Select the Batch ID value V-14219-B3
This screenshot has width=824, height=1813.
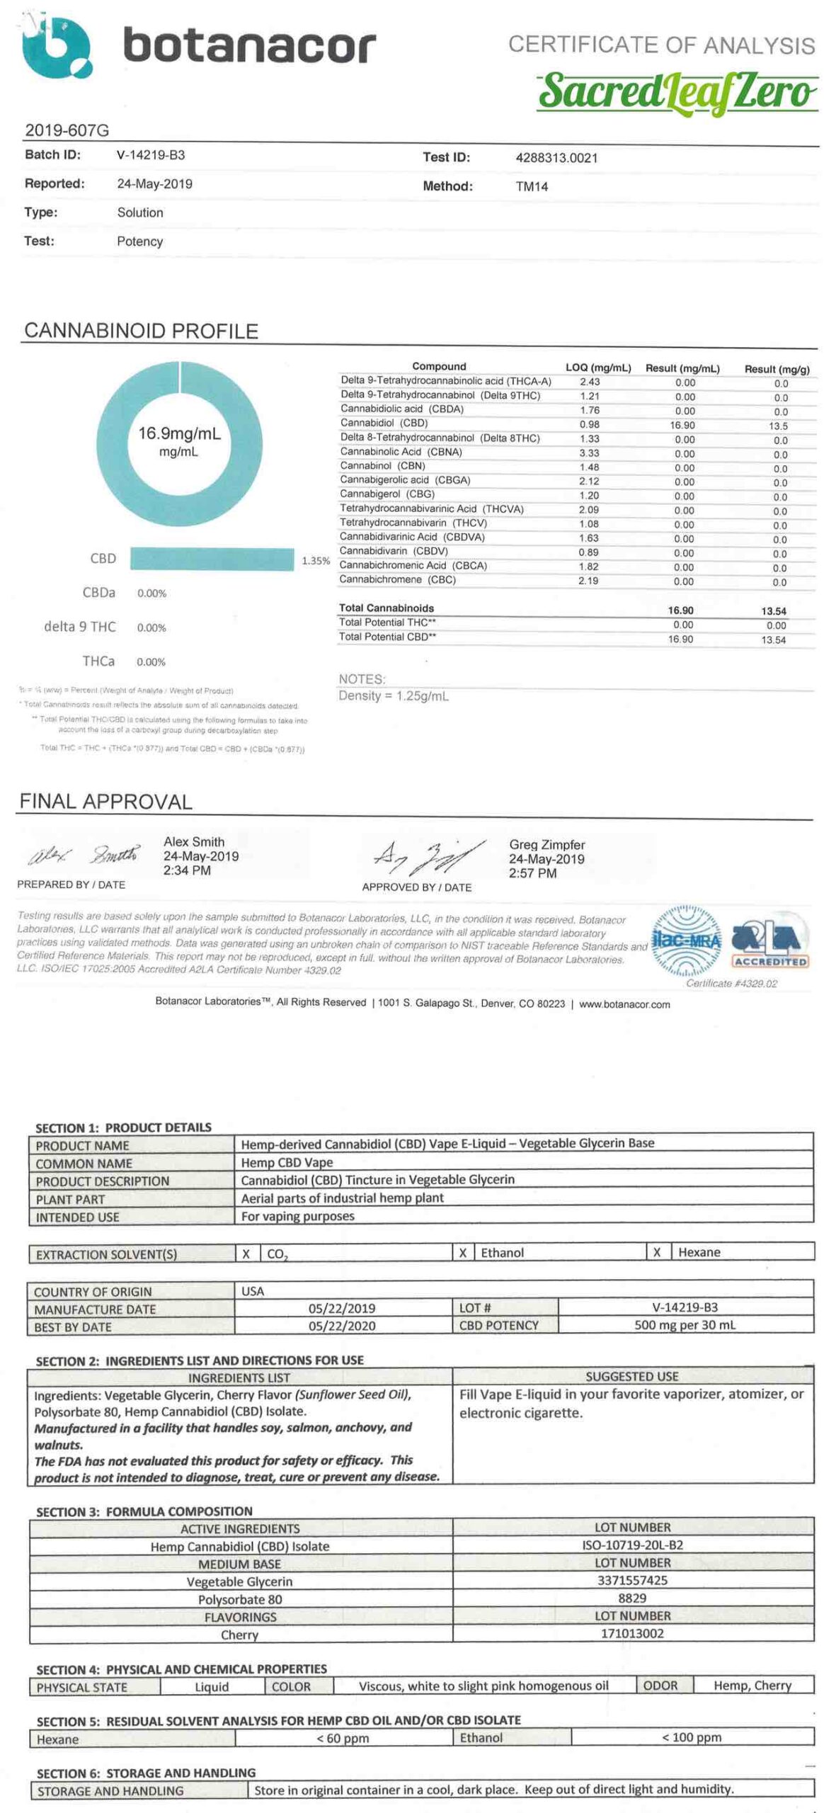(151, 155)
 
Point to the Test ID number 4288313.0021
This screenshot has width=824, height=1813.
(556, 158)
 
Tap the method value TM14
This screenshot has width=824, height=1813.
(532, 187)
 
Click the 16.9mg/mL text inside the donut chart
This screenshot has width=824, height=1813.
(179, 433)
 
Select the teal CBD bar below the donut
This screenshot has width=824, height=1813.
(212, 559)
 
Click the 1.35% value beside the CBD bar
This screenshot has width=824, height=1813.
(316, 561)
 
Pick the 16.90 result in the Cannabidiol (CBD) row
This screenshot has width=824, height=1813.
(682, 426)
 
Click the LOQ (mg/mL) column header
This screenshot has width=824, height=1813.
(597, 368)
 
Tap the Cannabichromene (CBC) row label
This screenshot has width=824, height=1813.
(397, 580)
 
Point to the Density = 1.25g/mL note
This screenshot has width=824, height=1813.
(394, 696)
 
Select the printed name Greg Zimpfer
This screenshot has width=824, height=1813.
(547, 845)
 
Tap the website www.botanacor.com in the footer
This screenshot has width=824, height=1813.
(624, 1004)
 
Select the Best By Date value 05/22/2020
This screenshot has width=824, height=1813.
(342, 1326)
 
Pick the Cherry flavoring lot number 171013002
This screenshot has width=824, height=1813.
(632, 1634)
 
